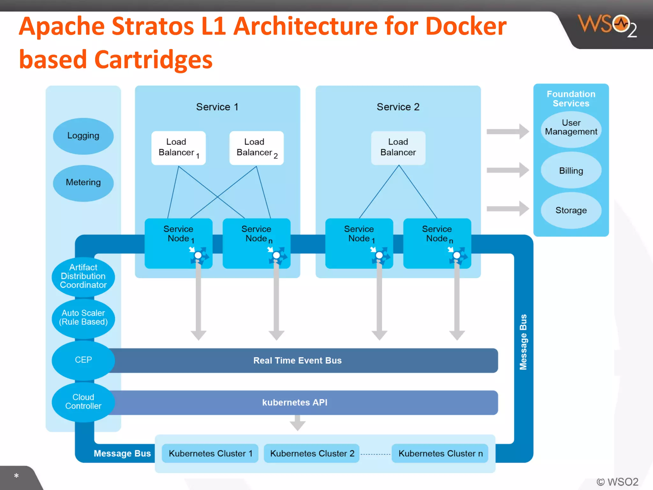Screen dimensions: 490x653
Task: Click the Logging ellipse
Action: (x=83, y=136)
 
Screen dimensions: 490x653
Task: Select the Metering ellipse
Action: (x=83, y=183)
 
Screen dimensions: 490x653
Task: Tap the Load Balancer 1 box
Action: (x=178, y=148)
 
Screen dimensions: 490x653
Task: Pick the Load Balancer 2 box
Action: (x=256, y=148)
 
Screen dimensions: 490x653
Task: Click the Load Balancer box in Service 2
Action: (x=398, y=148)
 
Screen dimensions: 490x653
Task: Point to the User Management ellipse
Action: (x=571, y=129)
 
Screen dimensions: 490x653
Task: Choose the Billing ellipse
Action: (x=571, y=170)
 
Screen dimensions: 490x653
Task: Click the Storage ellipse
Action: (x=571, y=210)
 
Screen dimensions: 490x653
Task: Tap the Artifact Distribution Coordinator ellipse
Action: (x=83, y=277)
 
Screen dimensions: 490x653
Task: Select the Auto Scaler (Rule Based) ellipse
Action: (x=83, y=318)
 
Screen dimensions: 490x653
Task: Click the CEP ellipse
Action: (x=83, y=360)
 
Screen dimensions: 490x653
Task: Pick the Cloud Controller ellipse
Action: (x=83, y=402)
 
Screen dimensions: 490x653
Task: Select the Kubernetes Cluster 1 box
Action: (x=210, y=453)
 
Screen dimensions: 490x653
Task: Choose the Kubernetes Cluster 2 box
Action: (x=312, y=453)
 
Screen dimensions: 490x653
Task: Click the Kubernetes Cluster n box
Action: (x=440, y=453)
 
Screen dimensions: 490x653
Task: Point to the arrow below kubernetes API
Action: (x=297, y=423)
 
